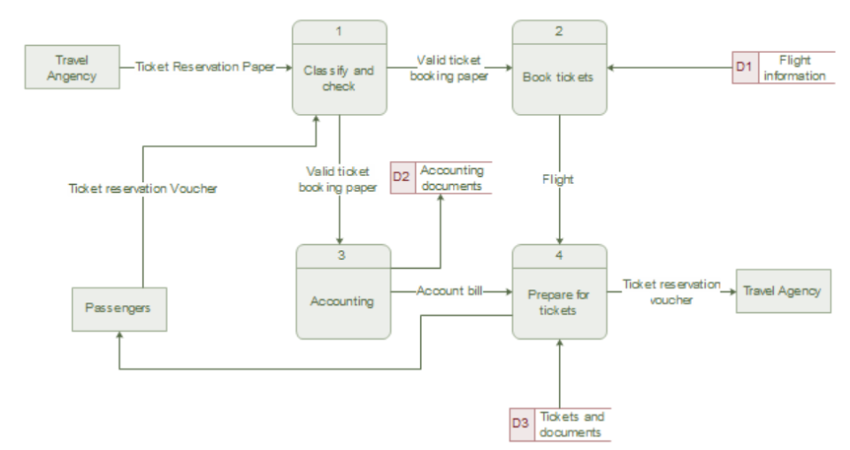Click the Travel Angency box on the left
(73, 68)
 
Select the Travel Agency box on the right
(783, 291)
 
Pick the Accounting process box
(342, 301)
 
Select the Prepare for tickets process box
(559, 301)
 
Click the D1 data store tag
(744, 68)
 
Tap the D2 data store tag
(402, 178)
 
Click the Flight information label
(795, 68)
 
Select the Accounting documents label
(450, 178)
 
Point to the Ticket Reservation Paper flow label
(206, 66)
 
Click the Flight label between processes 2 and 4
(559, 180)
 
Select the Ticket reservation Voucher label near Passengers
(142, 188)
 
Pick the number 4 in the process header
(559, 256)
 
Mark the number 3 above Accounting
(342, 256)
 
